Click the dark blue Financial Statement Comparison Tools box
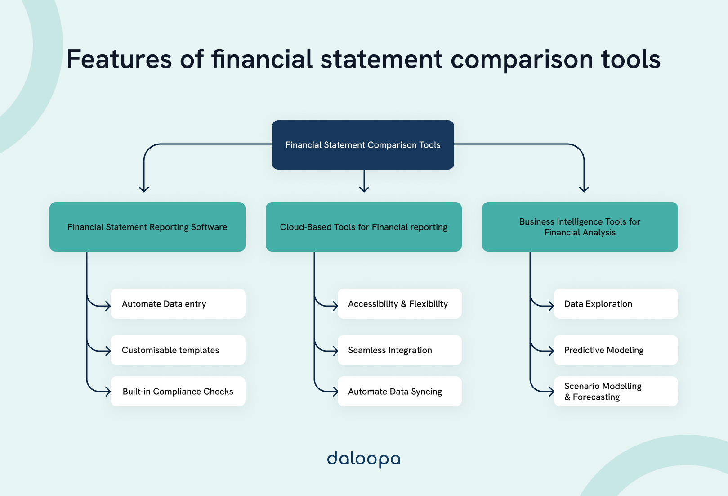[x=363, y=145]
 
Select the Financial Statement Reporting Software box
[x=147, y=227]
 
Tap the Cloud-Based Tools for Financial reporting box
[x=363, y=227]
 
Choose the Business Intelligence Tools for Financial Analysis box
[x=580, y=227]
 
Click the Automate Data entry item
[x=178, y=304]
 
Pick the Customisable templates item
[x=178, y=350]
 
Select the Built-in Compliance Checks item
[x=178, y=392]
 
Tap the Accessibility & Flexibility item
[x=399, y=304]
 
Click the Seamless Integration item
[x=399, y=350]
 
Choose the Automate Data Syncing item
[x=399, y=392]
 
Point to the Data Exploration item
[x=616, y=304]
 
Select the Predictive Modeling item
[x=616, y=350]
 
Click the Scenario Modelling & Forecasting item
[x=616, y=392]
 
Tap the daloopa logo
[x=363, y=459]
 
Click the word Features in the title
[x=119, y=59]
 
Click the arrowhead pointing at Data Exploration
[x=551, y=306]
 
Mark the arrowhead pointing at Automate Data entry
[x=108, y=306]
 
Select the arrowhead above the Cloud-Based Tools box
[x=364, y=189]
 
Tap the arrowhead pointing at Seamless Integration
[x=335, y=351]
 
